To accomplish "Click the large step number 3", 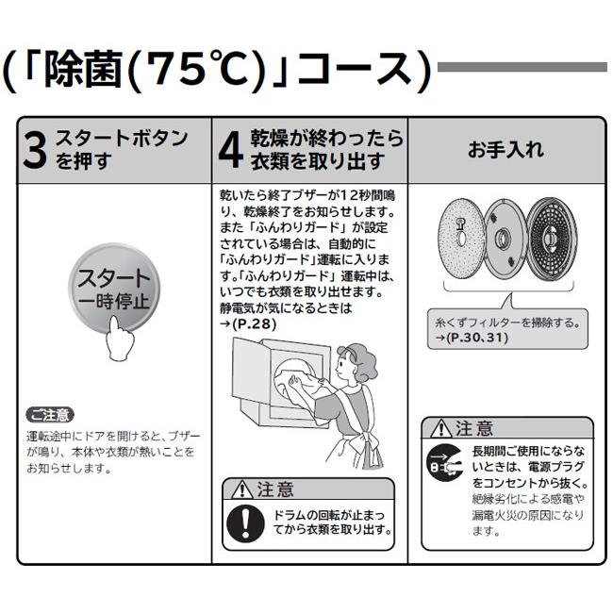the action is coord(34,151).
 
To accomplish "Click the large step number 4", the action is coord(230,151).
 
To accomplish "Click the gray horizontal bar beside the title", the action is coord(522,67).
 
